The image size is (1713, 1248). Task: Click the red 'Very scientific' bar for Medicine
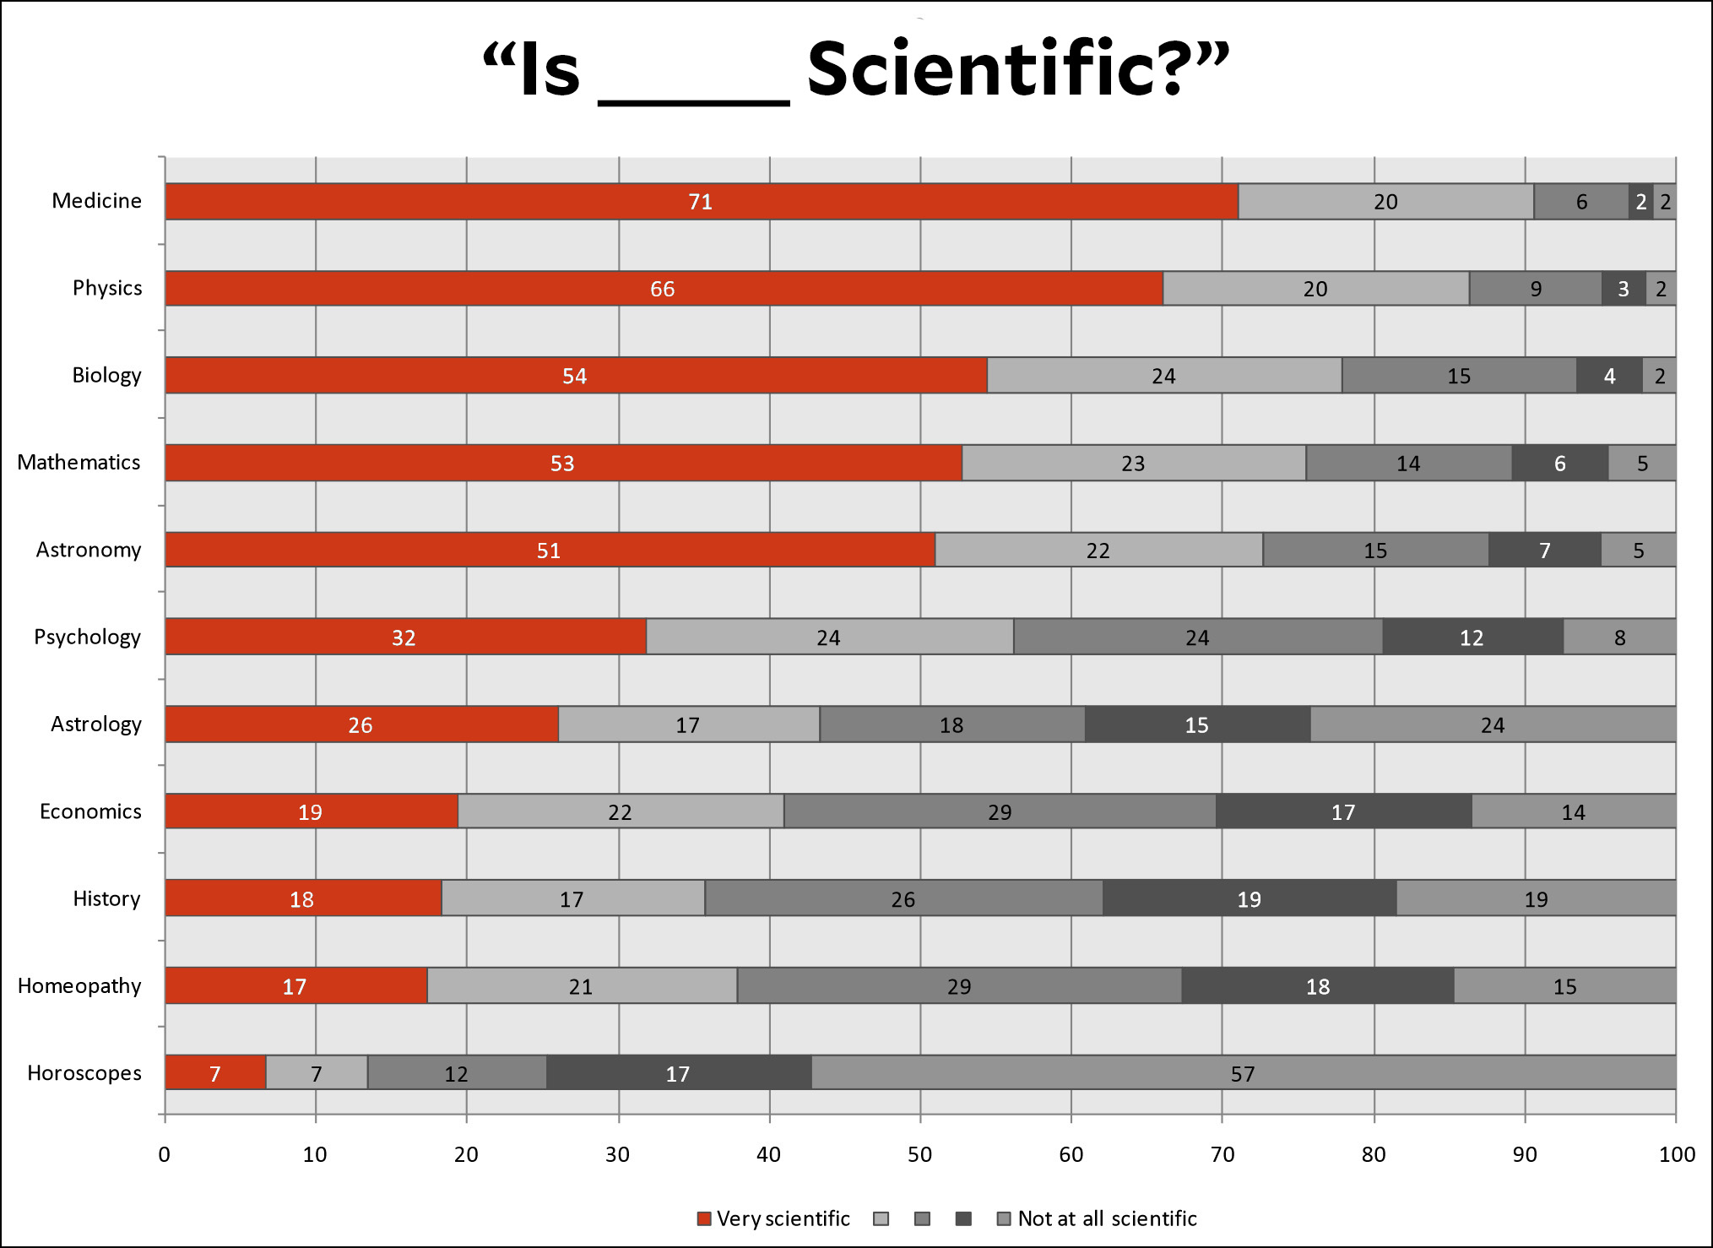coord(701,202)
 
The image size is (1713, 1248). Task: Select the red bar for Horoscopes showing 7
coord(215,1073)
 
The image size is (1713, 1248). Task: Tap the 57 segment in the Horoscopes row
coord(1243,1073)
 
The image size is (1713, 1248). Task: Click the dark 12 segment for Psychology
coord(1472,638)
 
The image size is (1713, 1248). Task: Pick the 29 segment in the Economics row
coord(1000,811)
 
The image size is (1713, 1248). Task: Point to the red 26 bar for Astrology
coord(360,724)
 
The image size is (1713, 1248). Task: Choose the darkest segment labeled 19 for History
coord(1249,898)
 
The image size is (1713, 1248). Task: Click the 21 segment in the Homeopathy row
coord(581,986)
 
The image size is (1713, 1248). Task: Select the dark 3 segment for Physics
coord(1623,289)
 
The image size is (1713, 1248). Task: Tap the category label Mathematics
coord(79,463)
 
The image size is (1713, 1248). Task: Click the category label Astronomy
coord(88,550)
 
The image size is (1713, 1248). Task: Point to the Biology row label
coord(106,376)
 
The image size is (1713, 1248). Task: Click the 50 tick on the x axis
coord(919,1154)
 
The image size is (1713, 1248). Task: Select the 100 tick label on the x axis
coord(1676,1154)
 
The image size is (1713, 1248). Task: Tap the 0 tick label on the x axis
coord(164,1154)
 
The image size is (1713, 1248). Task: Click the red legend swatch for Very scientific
coord(703,1218)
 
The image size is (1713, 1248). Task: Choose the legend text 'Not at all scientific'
coord(1107,1218)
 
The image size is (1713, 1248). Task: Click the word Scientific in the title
coord(996,69)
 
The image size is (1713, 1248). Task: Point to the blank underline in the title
coord(693,101)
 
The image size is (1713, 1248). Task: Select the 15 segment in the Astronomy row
coord(1375,551)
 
